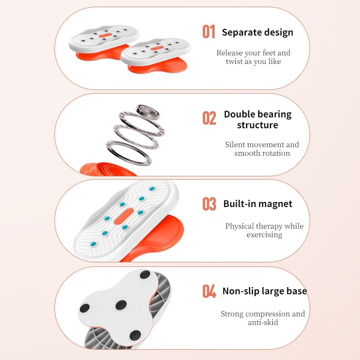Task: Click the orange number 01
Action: pyautogui.click(x=209, y=31)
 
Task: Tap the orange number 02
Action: pyautogui.click(x=209, y=118)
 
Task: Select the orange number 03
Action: pyautogui.click(x=209, y=204)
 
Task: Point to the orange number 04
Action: pyautogui.click(x=209, y=291)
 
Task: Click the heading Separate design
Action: pyautogui.click(x=257, y=32)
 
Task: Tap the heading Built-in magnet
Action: pyautogui.click(x=258, y=204)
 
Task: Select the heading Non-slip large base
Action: pyautogui.click(x=265, y=291)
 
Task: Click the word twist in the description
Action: pyautogui.click(x=233, y=61)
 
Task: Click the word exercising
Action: pyautogui.click(x=265, y=235)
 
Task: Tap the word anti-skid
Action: pyautogui.click(x=263, y=322)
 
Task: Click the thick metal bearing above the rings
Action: pyautogui.click(x=148, y=112)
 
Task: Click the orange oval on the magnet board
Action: pyautogui.click(x=124, y=216)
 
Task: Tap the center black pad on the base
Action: pyautogui.click(x=121, y=305)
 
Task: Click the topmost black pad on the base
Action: pyautogui.click(x=145, y=274)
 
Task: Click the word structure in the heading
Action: pyautogui.click(x=257, y=125)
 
